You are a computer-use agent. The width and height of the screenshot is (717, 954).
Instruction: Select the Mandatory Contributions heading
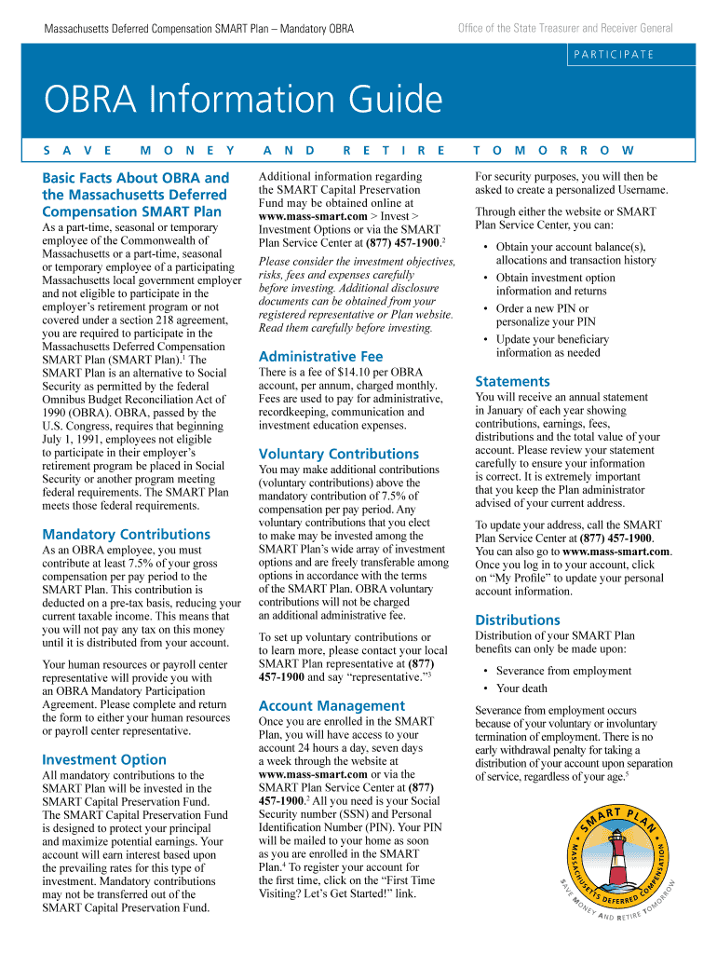click(x=126, y=535)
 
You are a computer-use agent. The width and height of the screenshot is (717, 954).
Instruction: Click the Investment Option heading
click(x=104, y=759)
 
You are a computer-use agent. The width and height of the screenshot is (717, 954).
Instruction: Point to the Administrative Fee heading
click(x=320, y=357)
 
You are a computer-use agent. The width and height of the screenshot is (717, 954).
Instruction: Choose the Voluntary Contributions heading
click(x=339, y=454)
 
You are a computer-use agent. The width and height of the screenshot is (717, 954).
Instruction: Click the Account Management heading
click(x=331, y=706)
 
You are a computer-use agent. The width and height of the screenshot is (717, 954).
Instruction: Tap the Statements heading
click(x=512, y=381)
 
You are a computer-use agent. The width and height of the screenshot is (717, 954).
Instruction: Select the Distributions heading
click(x=518, y=620)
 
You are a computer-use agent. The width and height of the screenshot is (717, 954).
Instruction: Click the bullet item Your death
click(x=521, y=688)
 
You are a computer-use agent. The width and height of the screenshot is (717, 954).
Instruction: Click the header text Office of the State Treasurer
click(x=565, y=29)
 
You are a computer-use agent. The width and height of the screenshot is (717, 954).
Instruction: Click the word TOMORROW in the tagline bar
click(x=554, y=150)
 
